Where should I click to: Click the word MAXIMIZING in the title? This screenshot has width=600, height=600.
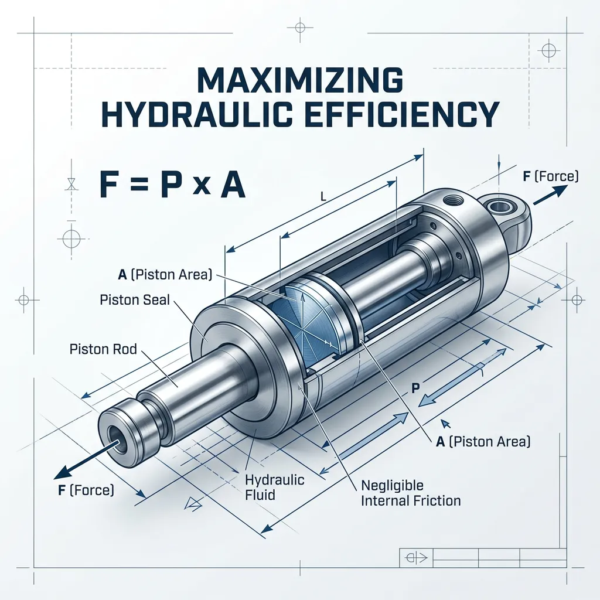(299, 80)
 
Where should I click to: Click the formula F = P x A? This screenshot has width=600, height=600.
(172, 185)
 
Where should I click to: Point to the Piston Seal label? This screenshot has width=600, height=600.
(134, 299)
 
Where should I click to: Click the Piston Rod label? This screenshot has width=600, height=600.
(103, 349)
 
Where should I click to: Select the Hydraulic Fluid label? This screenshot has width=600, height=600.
(274, 487)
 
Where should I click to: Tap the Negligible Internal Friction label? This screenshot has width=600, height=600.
(411, 493)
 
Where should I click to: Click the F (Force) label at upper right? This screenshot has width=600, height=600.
(551, 176)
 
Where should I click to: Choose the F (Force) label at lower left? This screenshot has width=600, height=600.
(86, 490)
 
